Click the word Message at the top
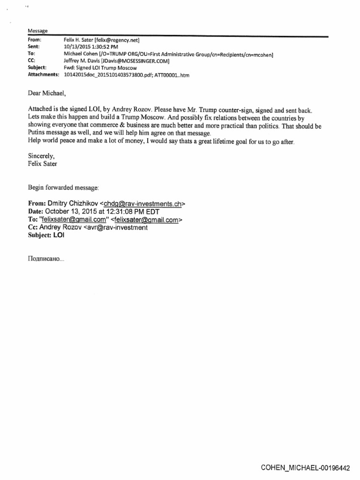click(35, 30)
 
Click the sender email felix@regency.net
click(116, 40)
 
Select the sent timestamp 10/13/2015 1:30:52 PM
click(90, 47)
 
